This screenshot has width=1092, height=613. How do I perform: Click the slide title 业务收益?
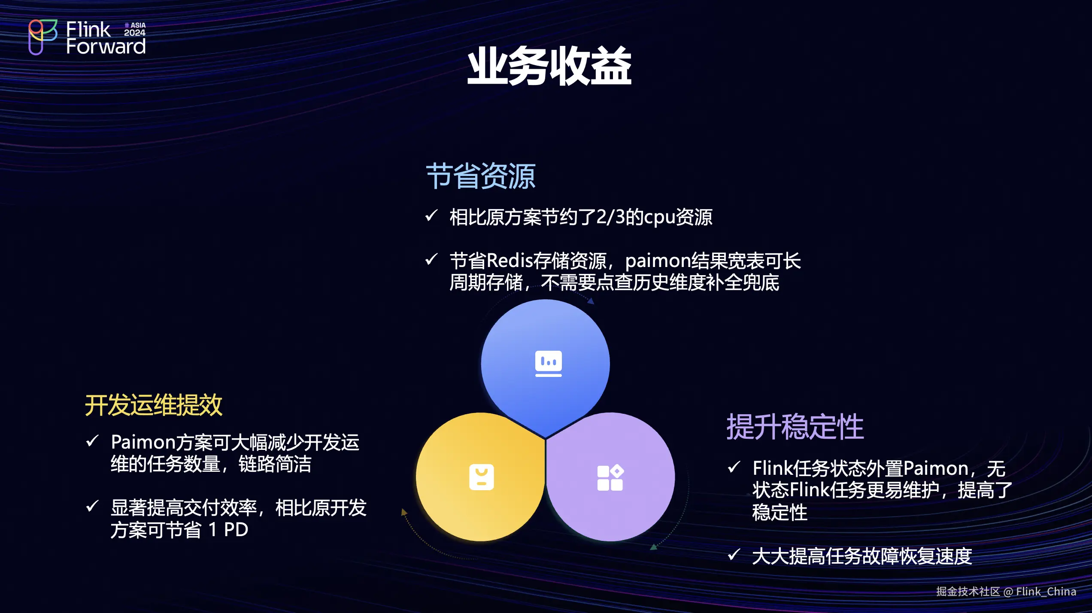tap(549, 67)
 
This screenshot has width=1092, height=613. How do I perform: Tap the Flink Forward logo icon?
tap(43, 37)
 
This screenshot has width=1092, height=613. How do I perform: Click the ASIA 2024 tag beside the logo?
tap(135, 29)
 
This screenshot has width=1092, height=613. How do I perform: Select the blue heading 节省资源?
tap(481, 176)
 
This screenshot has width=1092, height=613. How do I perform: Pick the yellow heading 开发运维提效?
tap(154, 405)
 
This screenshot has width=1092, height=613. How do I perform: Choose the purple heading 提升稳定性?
tap(795, 427)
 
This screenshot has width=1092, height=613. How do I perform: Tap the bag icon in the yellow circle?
tap(481, 477)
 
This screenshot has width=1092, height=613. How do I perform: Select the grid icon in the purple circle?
tap(610, 477)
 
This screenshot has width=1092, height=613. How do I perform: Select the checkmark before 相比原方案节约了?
tap(431, 215)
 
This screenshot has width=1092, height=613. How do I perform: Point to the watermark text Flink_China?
tap(1046, 592)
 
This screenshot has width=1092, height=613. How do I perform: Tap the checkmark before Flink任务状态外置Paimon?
tap(734, 466)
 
